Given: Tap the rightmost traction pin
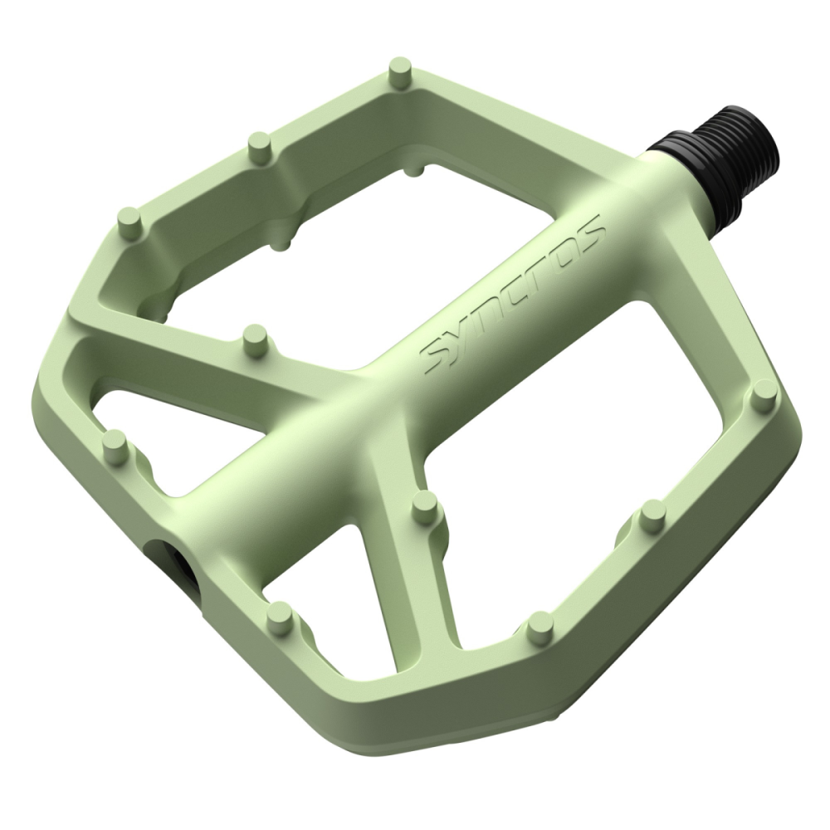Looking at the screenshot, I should (x=764, y=393).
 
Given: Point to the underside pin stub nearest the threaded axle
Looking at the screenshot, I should (x=413, y=170).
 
